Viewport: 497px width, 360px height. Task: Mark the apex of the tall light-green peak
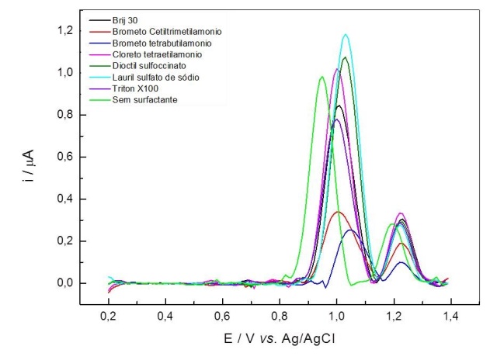pos(321,77)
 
